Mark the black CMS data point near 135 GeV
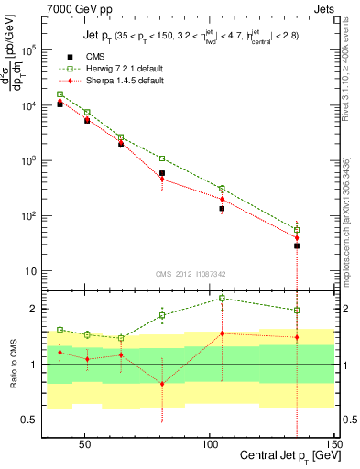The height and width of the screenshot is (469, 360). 297,245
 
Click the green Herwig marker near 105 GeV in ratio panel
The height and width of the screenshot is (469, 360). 222,298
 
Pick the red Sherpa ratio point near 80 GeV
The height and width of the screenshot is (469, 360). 162,384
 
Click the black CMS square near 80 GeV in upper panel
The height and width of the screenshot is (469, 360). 162,173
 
